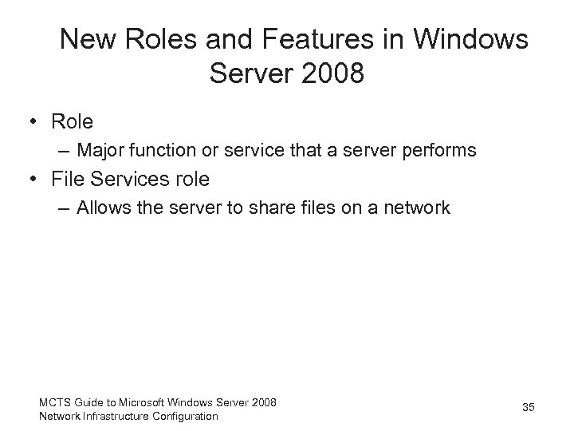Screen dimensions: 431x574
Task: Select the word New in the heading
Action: pos(87,39)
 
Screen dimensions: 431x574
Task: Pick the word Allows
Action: pos(104,208)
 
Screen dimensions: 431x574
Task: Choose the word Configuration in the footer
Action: pos(186,415)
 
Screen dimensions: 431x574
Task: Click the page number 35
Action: pos(528,408)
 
